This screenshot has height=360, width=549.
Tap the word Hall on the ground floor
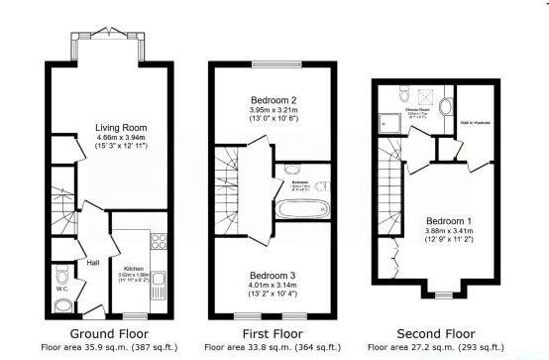[x=92, y=263]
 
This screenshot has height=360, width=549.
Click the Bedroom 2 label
[x=273, y=101]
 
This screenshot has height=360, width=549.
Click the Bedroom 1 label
[x=444, y=220]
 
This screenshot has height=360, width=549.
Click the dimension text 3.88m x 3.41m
[x=444, y=230]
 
